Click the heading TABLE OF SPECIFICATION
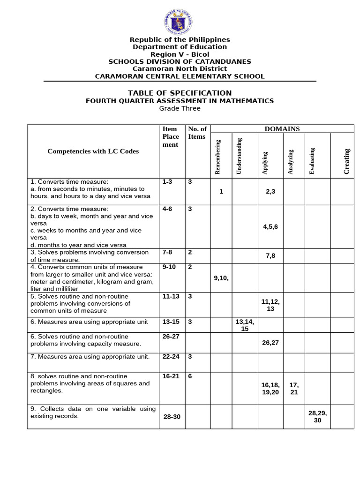180,93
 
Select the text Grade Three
180,108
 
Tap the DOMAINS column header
282,129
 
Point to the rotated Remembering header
217,157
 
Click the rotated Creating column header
347,161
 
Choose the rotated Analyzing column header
291,162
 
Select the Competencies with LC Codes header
93,151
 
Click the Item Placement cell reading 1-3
167,182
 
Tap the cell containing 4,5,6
270,226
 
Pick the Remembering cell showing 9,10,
221,277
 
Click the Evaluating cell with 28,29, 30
317,417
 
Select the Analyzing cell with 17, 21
294,389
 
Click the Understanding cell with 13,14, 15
245,325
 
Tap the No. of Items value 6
190,376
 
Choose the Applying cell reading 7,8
270,256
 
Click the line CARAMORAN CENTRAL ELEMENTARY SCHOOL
180,76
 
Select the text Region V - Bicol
180,54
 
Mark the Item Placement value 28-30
172,417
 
